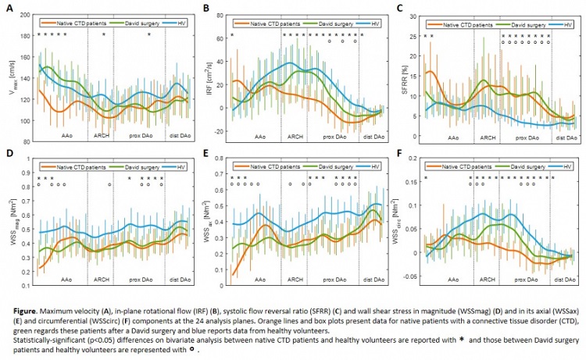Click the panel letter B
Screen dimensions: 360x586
205,9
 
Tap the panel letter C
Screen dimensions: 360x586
401,9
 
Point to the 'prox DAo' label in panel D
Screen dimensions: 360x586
139,279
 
